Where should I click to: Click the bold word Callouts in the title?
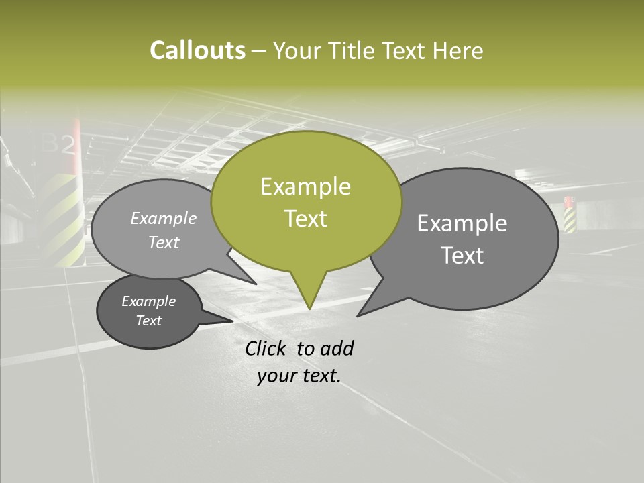coord(197,50)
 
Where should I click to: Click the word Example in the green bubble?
coord(305,186)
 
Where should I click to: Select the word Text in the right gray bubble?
coord(462,256)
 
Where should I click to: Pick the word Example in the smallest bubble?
coord(149,301)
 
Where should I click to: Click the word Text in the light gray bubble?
coord(164,243)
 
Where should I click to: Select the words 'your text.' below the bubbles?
coord(299,376)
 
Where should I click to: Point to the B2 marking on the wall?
coord(61,144)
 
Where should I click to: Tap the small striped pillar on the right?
coord(570,215)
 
